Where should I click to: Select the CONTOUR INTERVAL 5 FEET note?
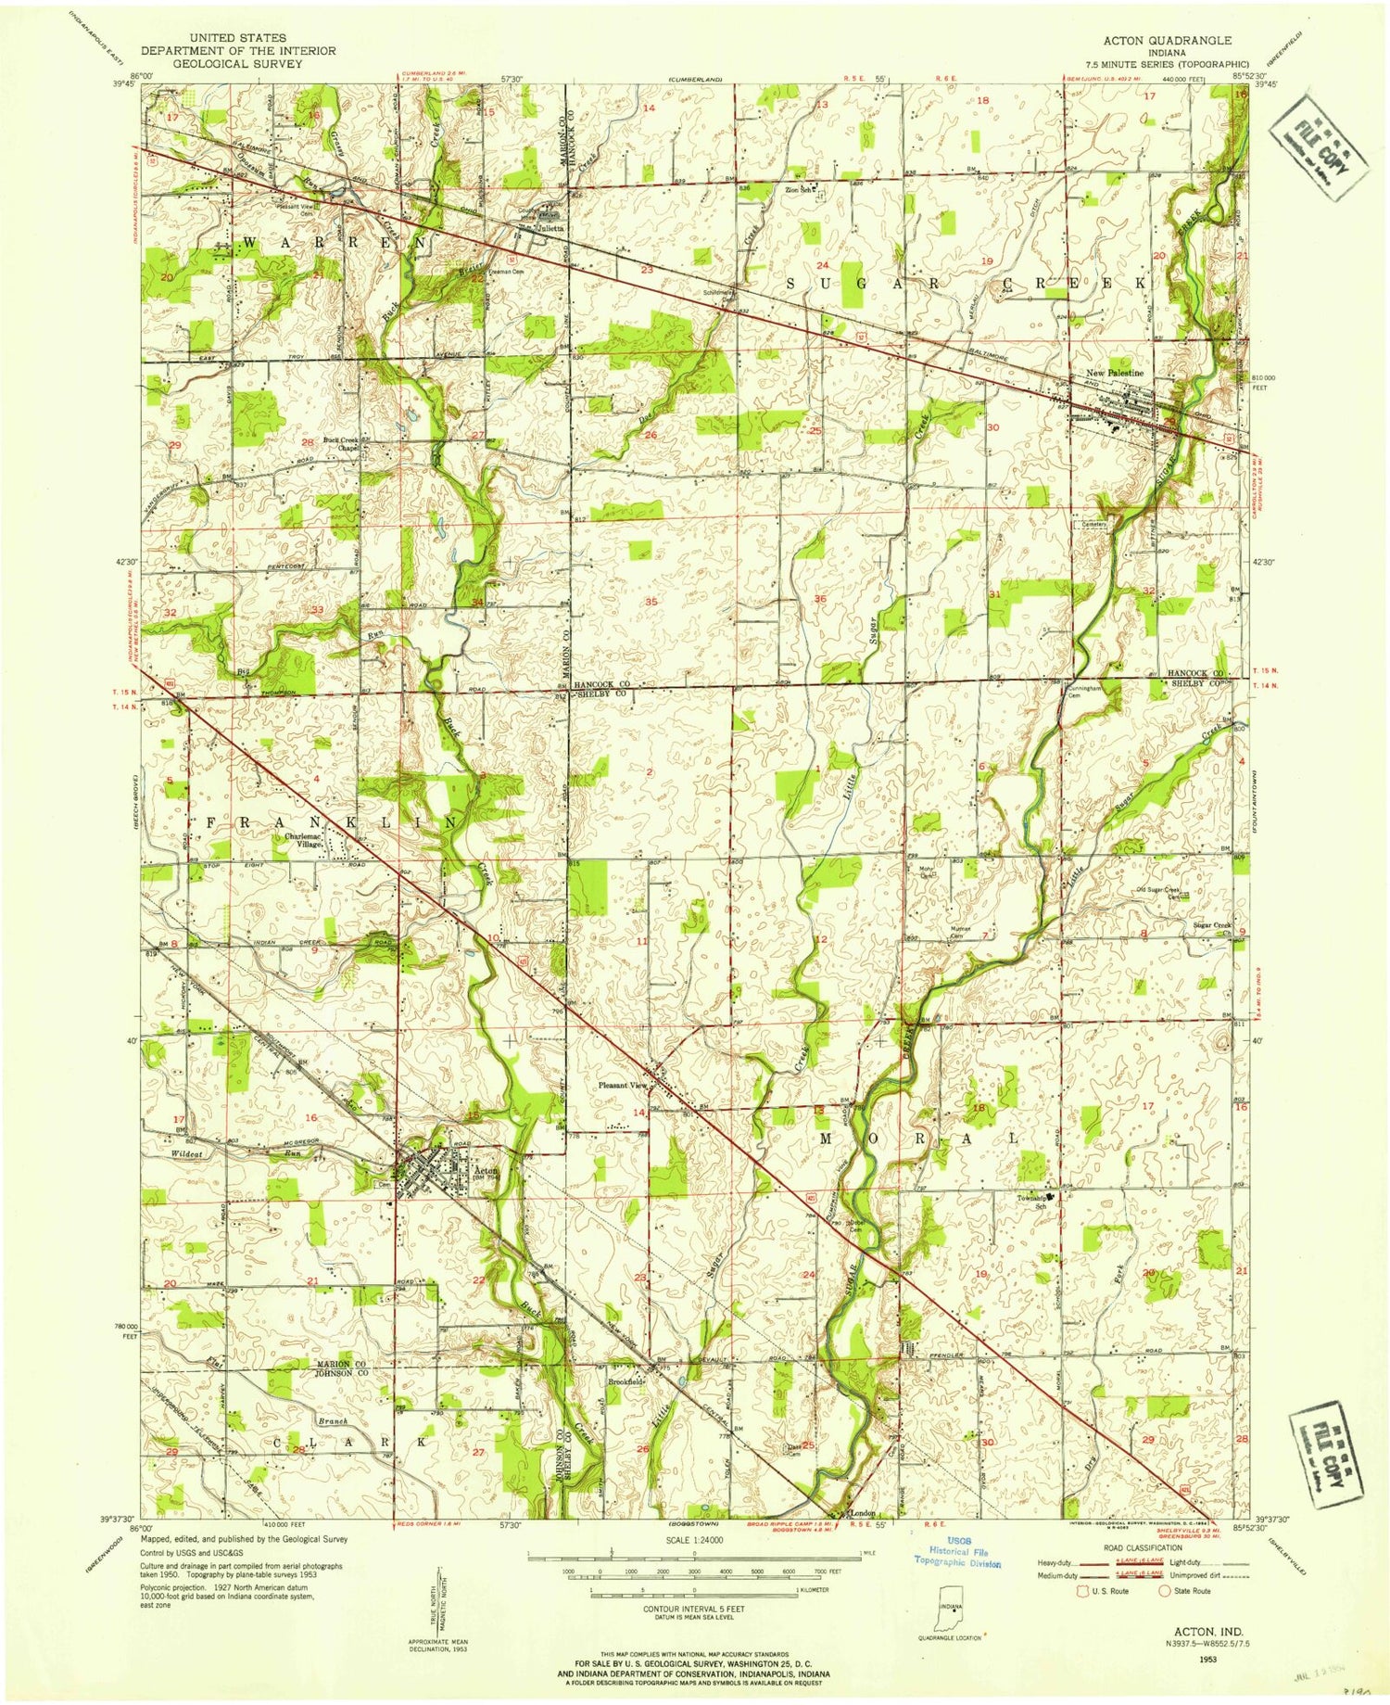click(694, 1608)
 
